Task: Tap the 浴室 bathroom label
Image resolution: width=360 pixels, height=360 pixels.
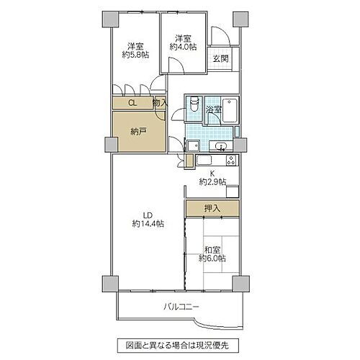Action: (212, 109)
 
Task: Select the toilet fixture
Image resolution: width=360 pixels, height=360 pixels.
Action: (192, 106)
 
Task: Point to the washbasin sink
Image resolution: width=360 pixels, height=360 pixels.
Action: (222, 146)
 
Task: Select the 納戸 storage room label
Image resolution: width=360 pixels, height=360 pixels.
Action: (139, 132)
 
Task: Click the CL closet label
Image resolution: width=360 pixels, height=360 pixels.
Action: (132, 103)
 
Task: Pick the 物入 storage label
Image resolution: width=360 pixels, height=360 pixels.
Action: (160, 103)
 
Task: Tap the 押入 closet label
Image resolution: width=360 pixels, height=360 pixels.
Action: (212, 209)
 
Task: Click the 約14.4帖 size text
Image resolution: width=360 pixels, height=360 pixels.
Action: (148, 224)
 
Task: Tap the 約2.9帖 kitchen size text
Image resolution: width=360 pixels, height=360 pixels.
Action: (213, 181)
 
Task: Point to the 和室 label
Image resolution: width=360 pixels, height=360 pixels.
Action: (212, 248)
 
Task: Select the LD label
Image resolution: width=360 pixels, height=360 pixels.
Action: (147, 215)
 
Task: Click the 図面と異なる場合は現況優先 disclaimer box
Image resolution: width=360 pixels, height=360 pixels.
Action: (180, 345)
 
